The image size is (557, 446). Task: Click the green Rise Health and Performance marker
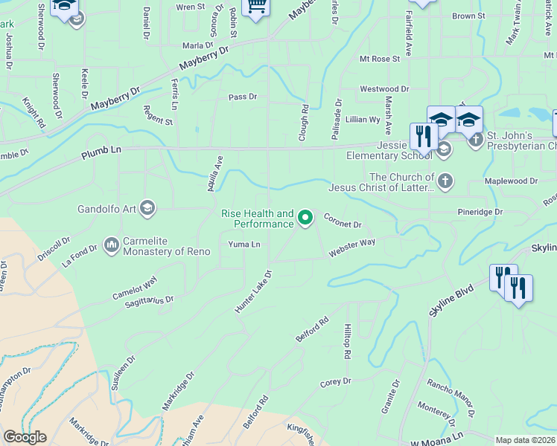point(305,217)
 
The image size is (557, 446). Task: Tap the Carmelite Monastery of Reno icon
point(112,244)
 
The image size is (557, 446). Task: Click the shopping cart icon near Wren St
point(256,7)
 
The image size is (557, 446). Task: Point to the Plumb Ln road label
point(100,155)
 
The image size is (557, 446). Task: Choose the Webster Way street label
point(353,248)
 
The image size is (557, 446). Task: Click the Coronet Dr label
point(343,221)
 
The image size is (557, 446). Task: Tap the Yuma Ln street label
point(244,244)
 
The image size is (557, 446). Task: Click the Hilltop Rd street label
point(347,341)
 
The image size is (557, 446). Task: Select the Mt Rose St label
point(380,58)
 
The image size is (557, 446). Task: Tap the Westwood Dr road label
point(384,88)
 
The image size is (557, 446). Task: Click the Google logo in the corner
point(25,437)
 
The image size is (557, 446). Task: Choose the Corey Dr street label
point(335,382)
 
